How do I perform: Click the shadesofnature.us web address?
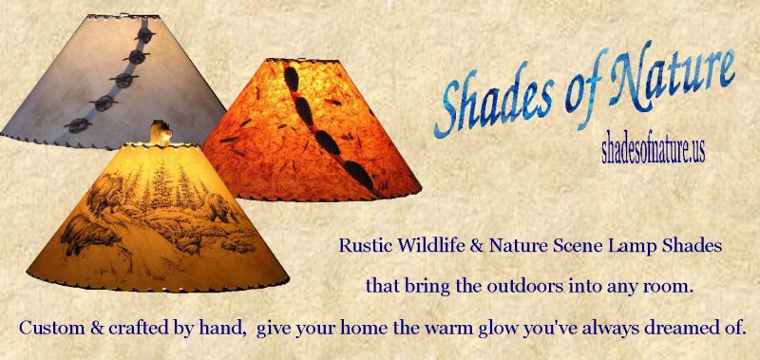point(653,150)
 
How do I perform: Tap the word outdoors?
point(522,285)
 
